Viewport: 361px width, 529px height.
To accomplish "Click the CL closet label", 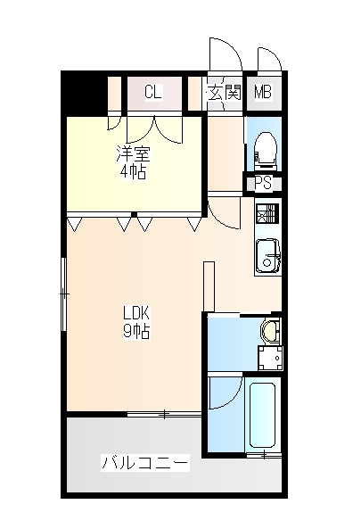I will [152, 91].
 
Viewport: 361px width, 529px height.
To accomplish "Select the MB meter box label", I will [263, 91].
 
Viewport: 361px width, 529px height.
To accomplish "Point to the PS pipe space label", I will [263, 183].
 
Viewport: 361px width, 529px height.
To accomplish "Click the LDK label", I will [135, 313].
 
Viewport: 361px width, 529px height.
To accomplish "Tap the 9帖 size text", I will [135, 331].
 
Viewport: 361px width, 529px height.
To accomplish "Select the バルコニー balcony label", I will [144, 464].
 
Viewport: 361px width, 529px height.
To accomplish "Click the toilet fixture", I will [264, 149].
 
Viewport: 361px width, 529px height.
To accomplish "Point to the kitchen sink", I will [267, 260].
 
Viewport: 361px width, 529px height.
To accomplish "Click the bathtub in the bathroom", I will [264, 415].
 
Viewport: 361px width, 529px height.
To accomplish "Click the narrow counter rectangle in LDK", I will [209, 286].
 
